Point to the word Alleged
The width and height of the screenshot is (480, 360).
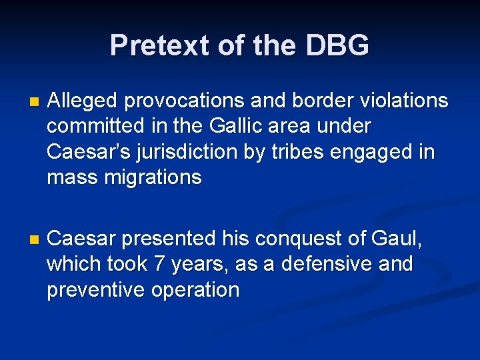coord(83,101)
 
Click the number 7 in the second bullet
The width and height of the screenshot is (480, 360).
coord(159,263)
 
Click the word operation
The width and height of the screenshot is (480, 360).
coord(195,289)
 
